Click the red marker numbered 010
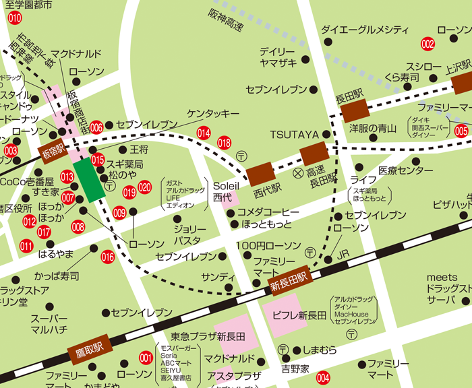click(x=15, y=18)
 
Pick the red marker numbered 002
click(x=427, y=44)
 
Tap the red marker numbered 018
click(x=224, y=143)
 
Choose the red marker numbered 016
click(x=107, y=256)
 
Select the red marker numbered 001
click(x=146, y=358)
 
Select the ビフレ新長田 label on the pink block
click(x=299, y=315)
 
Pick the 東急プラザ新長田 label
click(x=207, y=336)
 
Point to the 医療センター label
click(x=387, y=170)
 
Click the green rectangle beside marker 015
click(x=90, y=179)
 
